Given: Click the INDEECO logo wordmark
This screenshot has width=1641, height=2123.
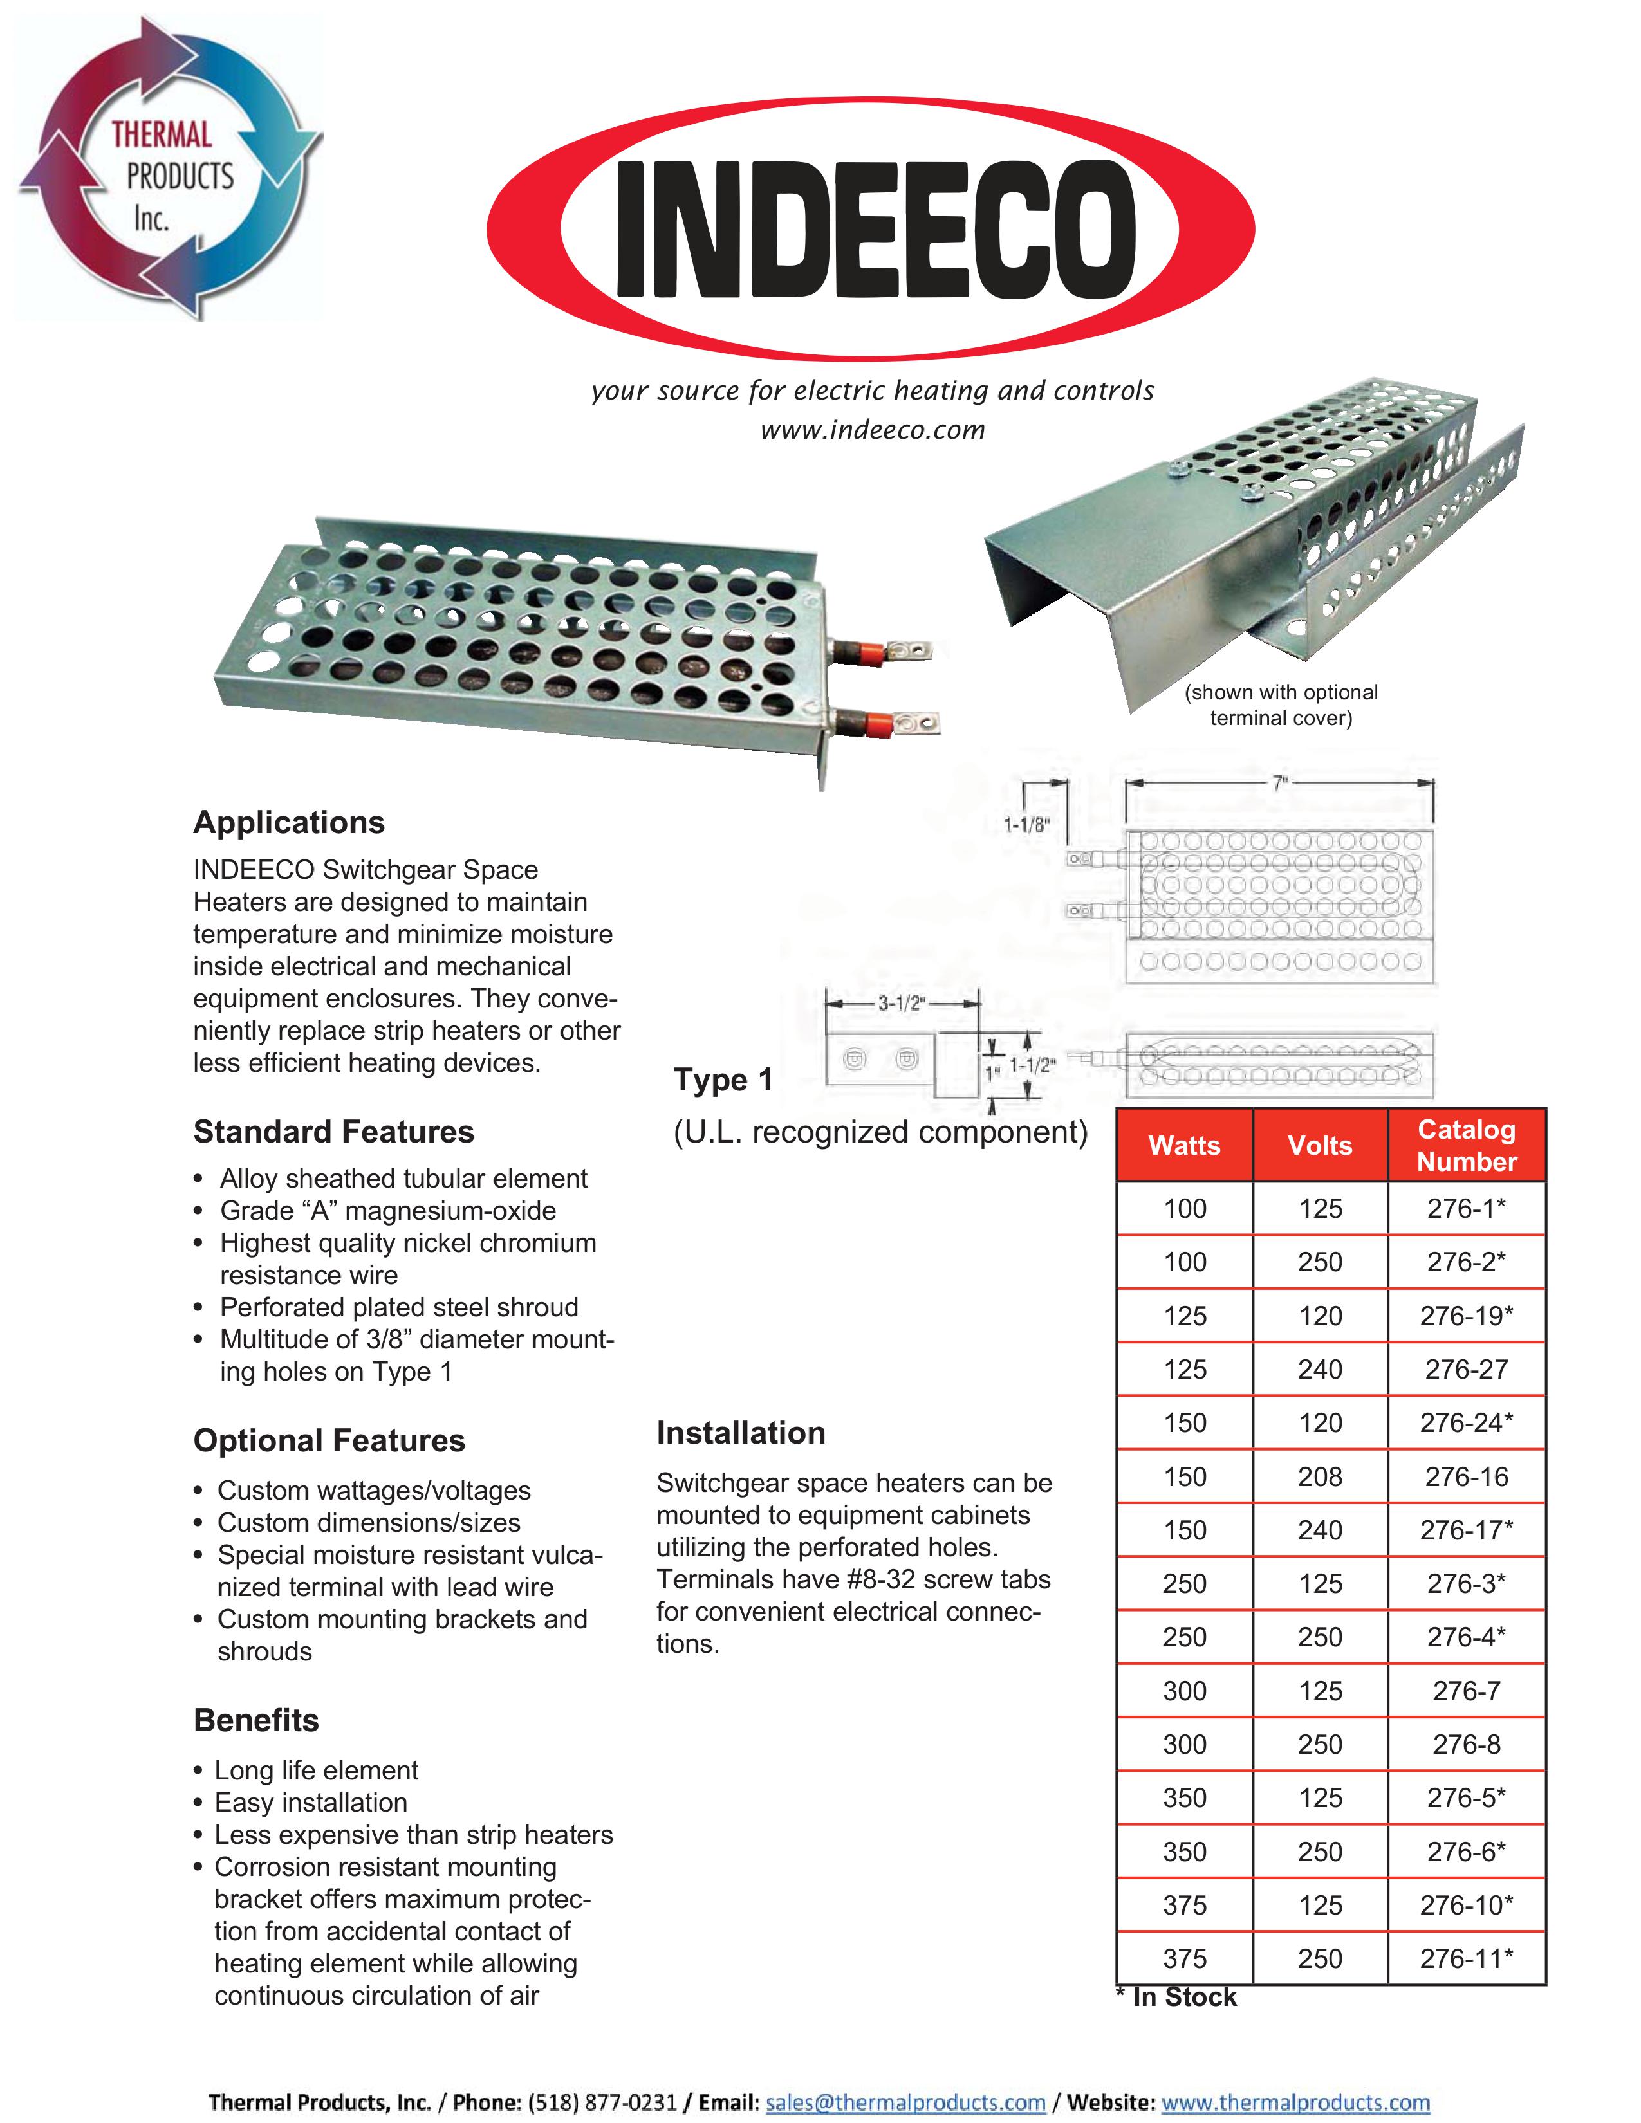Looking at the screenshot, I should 875,230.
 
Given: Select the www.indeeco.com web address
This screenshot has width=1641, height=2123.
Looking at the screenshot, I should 872,430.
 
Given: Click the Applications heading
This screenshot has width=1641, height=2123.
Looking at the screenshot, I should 289,822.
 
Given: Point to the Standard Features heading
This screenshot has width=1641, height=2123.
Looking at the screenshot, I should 333,1132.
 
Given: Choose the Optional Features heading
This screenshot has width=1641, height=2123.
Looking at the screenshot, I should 329,1440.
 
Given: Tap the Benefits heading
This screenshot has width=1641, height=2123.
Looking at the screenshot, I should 255,1720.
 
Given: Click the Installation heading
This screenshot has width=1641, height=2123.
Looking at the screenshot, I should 741,1433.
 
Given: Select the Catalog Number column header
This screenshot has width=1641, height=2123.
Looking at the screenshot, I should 1466,1145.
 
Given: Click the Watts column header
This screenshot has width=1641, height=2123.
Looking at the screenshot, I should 1184,1145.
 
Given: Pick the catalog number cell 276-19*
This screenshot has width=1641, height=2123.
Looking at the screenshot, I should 1466,1315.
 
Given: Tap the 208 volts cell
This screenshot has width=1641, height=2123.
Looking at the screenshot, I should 1319,1476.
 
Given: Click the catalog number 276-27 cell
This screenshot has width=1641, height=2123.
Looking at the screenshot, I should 1466,1368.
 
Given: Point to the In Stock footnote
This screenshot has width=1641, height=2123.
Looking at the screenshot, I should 1176,1997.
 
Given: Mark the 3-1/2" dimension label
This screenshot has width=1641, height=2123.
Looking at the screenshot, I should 900,1003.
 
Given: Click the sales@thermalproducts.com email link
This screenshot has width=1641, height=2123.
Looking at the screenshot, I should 905,2102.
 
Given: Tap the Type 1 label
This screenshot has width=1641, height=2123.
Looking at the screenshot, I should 723,1079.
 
